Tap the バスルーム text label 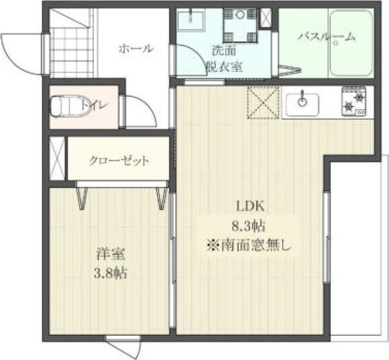[x=327, y=37]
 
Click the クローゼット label [x=119, y=161]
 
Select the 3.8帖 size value [x=111, y=272]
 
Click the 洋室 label [x=111, y=254]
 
